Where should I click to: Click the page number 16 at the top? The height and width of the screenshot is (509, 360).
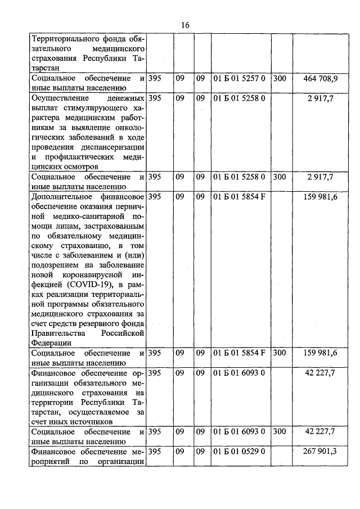pyautogui.click(x=186, y=25)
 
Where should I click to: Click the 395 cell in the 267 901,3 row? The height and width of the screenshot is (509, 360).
pyautogui.click(x=156, y=452)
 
